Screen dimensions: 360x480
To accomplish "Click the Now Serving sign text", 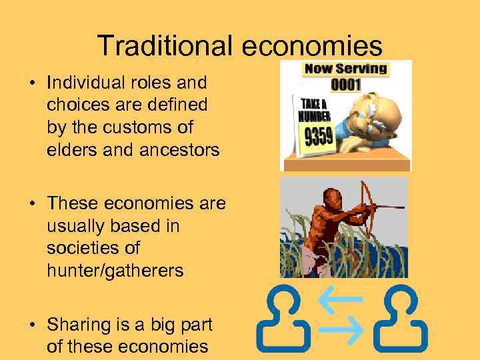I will point(345,69).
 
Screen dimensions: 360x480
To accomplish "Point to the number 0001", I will point(346,85).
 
